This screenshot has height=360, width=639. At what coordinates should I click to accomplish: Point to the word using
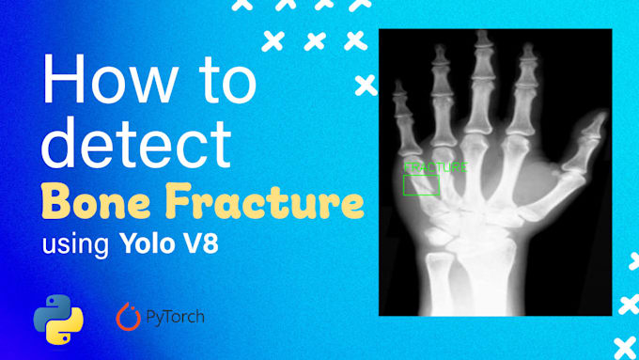pyautogui.click(x=77, y=247)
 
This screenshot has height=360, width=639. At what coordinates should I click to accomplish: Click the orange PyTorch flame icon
pyautogui.click(x=127, y=318)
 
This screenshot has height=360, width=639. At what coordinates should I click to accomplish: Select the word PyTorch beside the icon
pyautogui.click(x=175, y=318)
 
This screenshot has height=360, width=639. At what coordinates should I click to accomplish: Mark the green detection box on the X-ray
pyautogui.click(x=421, y=184)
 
